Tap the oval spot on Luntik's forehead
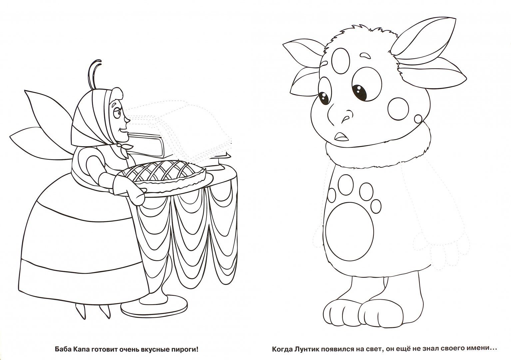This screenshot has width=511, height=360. pos(340,61)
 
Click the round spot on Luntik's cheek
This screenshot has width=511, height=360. pos(398,109)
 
